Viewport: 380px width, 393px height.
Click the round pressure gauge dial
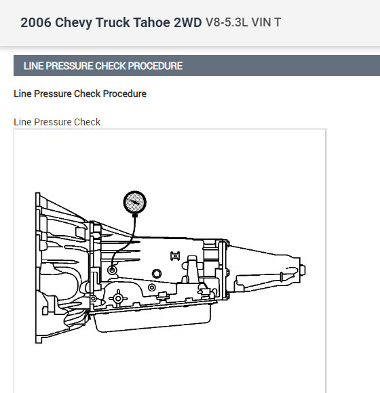[x=135, y=203]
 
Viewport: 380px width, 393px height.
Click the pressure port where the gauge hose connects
[x=112, y=270]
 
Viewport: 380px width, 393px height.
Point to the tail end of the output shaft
[x=303, y=270]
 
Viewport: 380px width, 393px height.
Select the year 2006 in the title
[x=36, y=22]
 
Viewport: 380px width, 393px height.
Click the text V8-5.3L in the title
[x=227, y=22]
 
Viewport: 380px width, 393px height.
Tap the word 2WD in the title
[x=188, y=22]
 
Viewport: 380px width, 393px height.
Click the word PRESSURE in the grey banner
[x=69, y=66]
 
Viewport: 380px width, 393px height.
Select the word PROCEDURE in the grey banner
[x=155, y=66]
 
